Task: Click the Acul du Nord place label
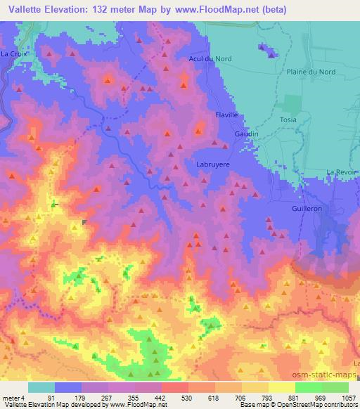(x=210, y=58)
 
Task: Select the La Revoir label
(x=342, y=172)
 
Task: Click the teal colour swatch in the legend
(x=41, y=387)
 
